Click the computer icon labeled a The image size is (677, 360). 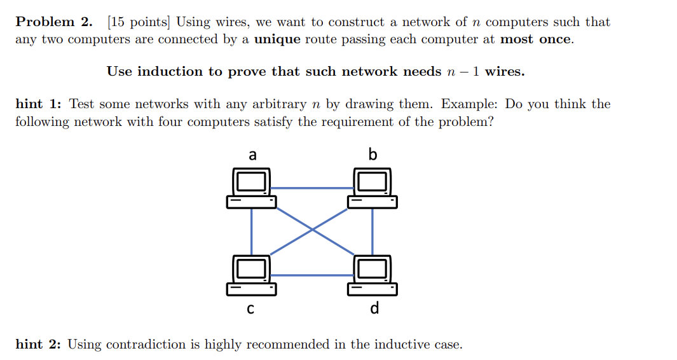(252, 188)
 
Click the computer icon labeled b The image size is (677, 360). (373, 188)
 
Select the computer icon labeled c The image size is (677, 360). (252, 275)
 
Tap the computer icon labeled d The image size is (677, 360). (373, 275)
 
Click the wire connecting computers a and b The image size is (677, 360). (311, 188)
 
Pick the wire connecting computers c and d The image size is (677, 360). (311, 275)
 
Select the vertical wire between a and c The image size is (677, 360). (252, 231)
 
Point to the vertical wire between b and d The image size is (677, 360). (373, 231)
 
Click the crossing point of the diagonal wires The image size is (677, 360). (312, 230)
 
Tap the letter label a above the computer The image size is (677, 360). (252, 155)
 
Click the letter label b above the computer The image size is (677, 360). (373, 154)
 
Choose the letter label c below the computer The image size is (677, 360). (250, 310)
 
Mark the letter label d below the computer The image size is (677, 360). (374, 308)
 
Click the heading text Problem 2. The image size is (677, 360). (54, 22)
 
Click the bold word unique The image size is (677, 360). (278, 39)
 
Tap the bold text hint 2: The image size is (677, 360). (38, 345)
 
